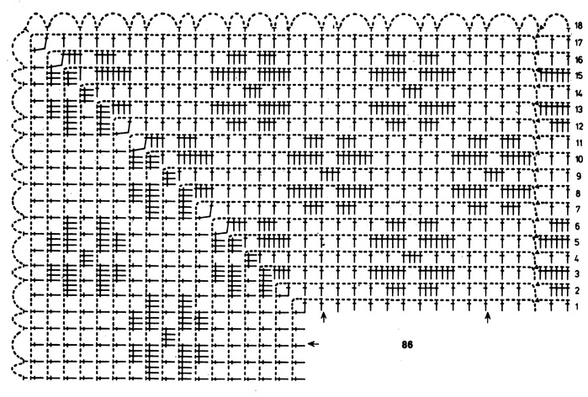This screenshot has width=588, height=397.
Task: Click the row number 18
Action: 579,25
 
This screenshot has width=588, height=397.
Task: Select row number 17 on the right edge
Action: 579,42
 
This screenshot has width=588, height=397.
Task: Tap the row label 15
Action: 579,76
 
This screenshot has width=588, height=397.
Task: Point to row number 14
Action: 579,93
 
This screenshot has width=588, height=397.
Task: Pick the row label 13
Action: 579,109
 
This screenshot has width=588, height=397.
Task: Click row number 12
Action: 579,126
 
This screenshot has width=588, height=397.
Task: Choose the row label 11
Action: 579,143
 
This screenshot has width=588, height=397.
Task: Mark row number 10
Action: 579,159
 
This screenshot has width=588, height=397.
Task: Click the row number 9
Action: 578,176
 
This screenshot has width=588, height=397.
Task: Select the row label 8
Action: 578,193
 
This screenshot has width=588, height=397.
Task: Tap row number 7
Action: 578,209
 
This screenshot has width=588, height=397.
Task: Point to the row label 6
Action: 578,226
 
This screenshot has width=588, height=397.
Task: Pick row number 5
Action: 577,242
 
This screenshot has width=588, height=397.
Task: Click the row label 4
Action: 577,259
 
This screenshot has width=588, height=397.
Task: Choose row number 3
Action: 577,274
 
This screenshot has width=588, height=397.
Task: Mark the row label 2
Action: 577,290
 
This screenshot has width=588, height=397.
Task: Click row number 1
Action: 577,307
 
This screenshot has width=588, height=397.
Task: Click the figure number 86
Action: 407,345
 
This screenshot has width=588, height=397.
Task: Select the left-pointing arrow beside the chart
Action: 313,343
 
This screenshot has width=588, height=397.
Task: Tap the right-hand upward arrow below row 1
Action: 488,318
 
